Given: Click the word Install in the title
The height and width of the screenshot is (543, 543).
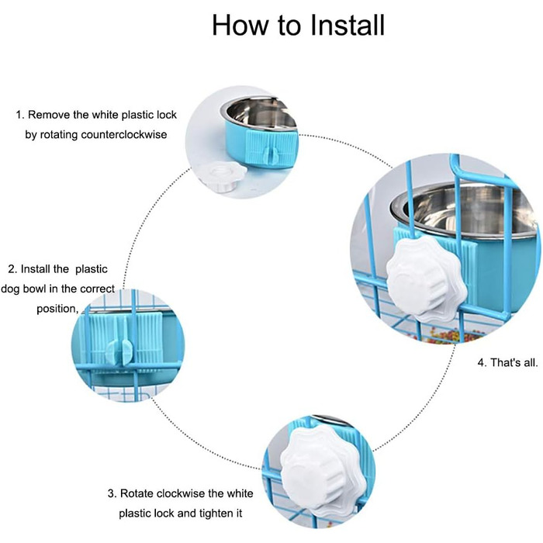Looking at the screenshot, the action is (348, 25).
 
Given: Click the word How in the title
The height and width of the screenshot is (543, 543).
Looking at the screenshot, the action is (240, 25).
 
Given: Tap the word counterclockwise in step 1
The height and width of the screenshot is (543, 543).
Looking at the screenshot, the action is (123, 134).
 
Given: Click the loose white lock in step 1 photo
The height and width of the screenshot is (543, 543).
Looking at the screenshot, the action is (223, 176).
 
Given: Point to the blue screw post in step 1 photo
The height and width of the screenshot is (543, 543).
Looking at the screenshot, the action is (271, 155).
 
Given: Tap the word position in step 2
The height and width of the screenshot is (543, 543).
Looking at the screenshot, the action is (57, 309).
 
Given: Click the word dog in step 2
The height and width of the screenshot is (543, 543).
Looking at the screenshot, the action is (10, 289).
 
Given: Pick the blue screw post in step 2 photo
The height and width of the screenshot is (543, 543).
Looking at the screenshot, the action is (119, 351).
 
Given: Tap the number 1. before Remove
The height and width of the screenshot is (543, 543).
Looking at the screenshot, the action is (20, 115).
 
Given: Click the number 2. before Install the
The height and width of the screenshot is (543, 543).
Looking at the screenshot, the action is (12, 269).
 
